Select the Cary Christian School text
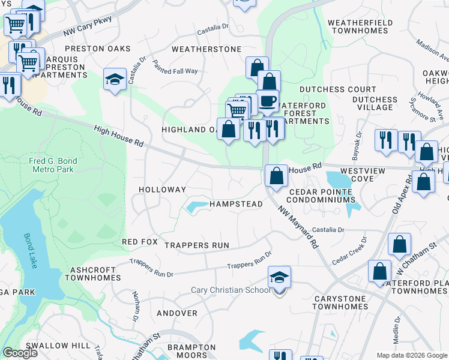pyautogui.click(x=231, y=290)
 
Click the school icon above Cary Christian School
pyautogui.click(x=279, y=278)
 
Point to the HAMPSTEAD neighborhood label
pyautogui.click(x=236, y=205)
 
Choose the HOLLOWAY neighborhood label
pyautogui.click(x=162, y=190)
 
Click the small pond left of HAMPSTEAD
pyautogui.click(x=197, y=208)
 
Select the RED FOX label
pyautogui.click(x=139, y=242)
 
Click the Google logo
pyautogui.click(x=20, y=353)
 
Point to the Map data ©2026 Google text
pyautogui.click(x=411, y=355)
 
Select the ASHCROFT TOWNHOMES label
pyautogui.click(x=92, y=274)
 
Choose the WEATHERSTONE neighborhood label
pyautogui.click(x=206, y=49)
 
